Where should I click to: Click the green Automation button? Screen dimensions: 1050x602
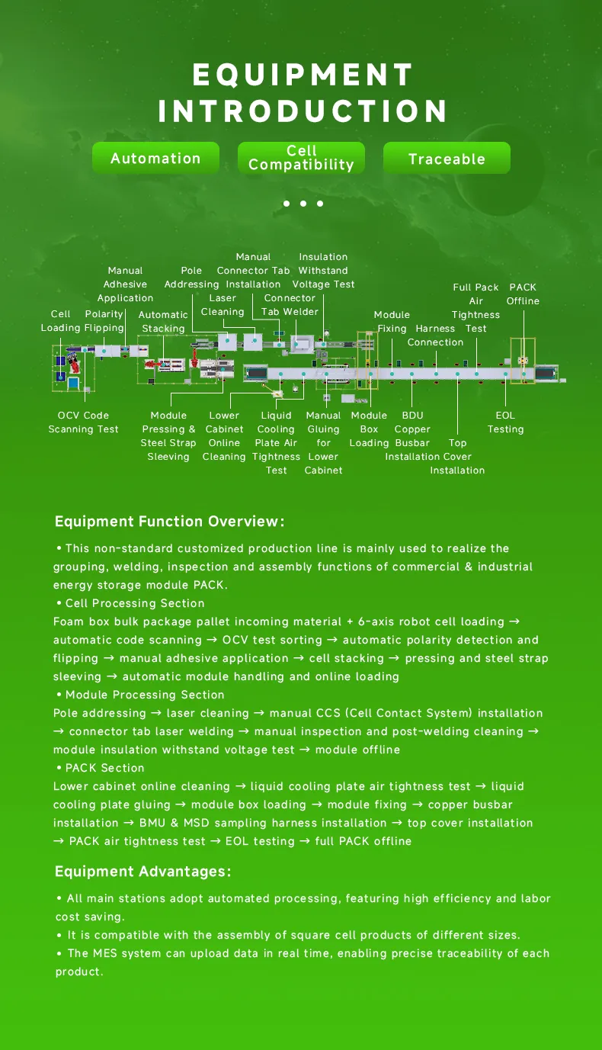pos(155,159)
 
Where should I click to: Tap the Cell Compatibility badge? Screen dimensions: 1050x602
pos(301,158)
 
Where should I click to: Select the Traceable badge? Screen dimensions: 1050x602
pos(447,159)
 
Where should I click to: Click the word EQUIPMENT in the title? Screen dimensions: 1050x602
pos(303,75)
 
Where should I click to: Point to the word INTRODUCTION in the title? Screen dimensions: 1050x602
pos(303,111)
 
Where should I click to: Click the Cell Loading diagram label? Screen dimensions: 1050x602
pos(60,321)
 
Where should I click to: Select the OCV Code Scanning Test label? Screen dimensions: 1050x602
pos(83,422)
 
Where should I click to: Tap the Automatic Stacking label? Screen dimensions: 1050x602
pos(163,321)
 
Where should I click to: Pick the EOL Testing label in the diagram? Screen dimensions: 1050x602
pos(505,422)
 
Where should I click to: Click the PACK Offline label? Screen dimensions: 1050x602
pos(523,294)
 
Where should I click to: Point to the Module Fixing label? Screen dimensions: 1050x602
pos(392,321)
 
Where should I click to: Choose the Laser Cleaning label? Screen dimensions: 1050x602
pos(223,304)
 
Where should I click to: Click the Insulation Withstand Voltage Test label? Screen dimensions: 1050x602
pos(323,271)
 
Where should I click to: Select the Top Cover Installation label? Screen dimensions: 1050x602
pos(457,456)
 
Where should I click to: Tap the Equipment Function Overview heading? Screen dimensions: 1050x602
pos(169,522)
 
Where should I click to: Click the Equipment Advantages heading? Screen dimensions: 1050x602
pos(142,872)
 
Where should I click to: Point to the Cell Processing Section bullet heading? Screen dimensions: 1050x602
pos(135,603)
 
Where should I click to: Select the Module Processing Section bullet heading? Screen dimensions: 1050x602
pos(145,695)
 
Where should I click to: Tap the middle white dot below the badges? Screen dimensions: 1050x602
pos(303,204)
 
